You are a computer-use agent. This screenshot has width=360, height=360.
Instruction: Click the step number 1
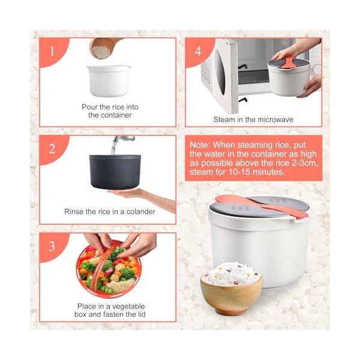[x=52, y=51]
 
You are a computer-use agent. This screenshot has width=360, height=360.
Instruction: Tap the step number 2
[x=52, y=149]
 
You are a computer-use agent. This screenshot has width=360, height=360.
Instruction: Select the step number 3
[x=52, y=247]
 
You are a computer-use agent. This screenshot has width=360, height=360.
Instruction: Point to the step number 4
[x=198, y=51]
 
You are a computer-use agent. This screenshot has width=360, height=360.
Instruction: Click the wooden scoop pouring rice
[x=103, y=48]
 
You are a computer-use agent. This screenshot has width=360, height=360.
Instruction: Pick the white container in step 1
[x=109, y=80]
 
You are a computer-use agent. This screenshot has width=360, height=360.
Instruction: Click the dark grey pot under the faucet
[x=115, y=172]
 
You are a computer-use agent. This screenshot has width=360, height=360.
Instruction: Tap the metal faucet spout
[x=124, y=139]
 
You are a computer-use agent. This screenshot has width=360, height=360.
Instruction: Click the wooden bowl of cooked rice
[x=232, y=289]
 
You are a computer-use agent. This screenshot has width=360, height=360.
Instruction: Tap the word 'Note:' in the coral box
[x=200, y=145]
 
